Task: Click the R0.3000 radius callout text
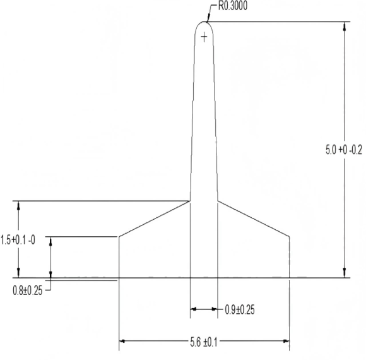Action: point(232,6)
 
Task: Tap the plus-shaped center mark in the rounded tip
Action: point(204,37)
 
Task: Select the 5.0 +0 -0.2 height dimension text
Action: point(344,150)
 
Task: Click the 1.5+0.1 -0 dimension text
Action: point(18,240)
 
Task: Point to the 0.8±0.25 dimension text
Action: point(28,291)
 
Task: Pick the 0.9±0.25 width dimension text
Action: point(240,309)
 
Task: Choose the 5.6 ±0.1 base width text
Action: point(204,342)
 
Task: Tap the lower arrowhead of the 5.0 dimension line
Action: point(345,273)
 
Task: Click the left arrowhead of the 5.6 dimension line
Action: point(122,341)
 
